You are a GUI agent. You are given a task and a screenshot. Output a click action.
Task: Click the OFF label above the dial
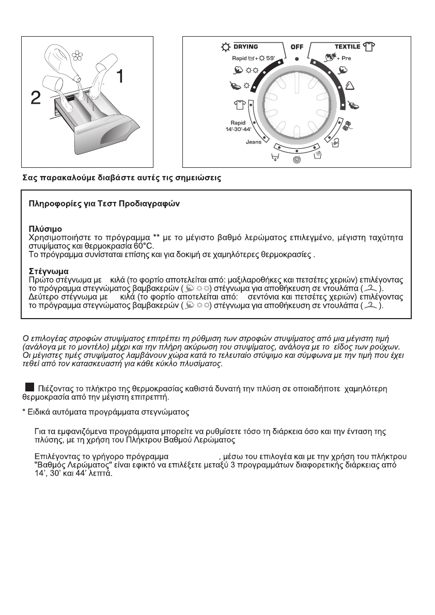[297, 47]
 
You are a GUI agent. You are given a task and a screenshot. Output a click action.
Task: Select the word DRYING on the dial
[245, 46]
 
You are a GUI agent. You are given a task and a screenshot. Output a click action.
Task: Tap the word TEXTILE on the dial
[347, 46]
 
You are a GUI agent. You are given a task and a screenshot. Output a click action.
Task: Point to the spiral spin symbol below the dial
[297, 160]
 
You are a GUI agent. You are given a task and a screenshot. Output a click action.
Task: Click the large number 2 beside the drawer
[35, 98]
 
